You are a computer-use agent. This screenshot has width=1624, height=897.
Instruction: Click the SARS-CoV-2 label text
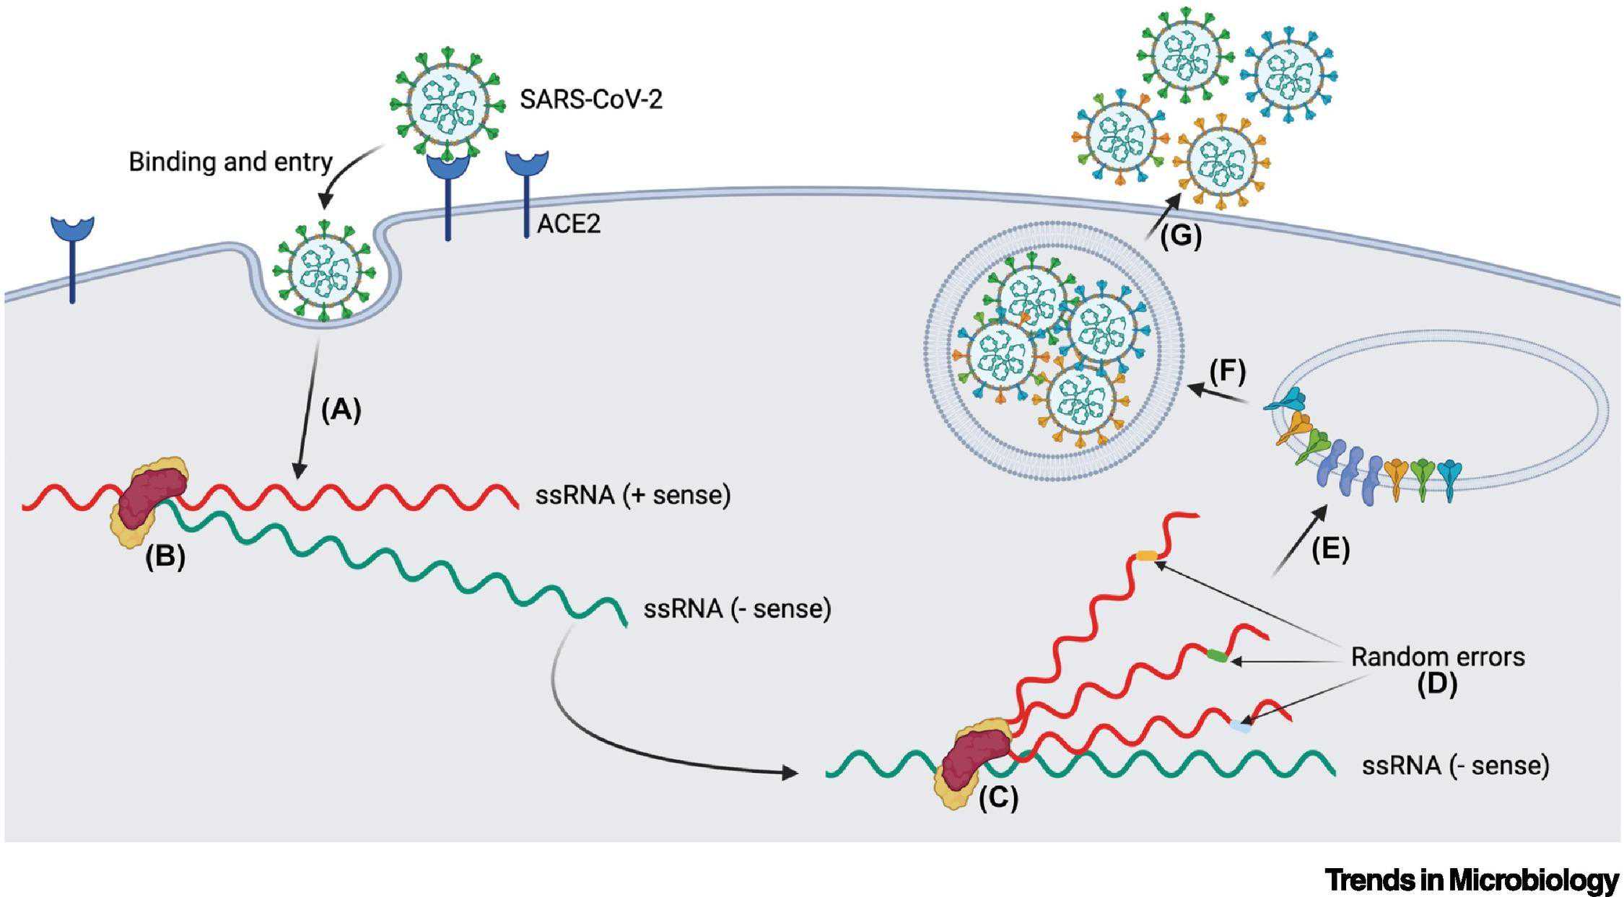pos(590,100)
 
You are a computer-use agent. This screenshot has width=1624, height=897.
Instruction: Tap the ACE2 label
pos(569,224)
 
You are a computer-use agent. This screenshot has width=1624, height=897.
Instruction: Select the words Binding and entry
pos(230,162)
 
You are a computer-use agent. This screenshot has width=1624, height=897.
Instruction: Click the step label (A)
pos(340,410)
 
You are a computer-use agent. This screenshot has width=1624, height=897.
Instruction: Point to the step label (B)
pos(165,558)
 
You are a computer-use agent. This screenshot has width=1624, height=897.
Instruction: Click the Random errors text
pos(1437,657)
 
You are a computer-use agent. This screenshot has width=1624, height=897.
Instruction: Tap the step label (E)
pos(1330,550)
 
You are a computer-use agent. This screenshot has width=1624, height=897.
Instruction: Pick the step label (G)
pos(1181,237)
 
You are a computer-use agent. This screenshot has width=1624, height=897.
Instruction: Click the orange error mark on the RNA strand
pos(1146,555)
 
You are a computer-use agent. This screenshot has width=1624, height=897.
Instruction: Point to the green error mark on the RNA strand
pos(1217,655)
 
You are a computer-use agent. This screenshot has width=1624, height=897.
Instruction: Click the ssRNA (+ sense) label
pos(632,496)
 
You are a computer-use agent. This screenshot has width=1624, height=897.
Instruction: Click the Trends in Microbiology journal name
pos(1472,880)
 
